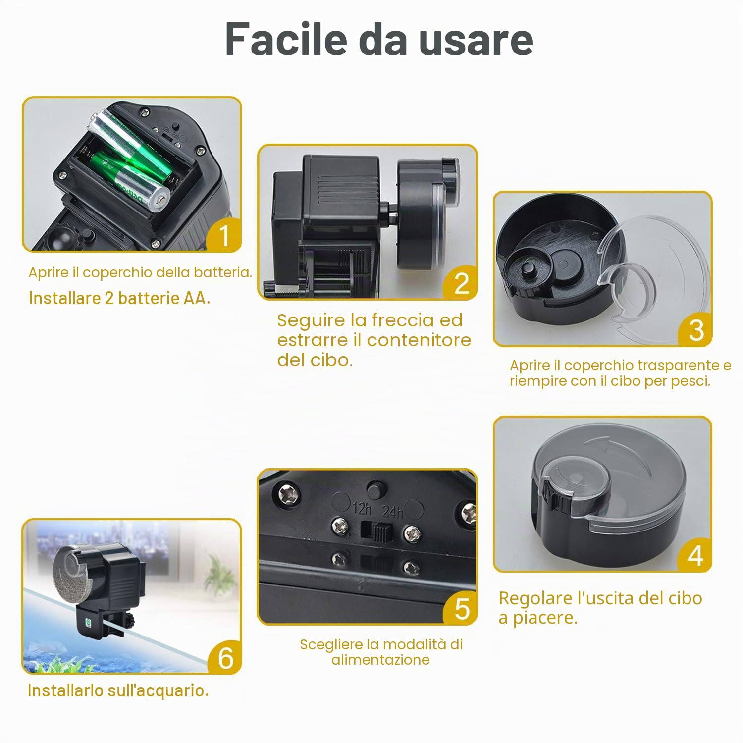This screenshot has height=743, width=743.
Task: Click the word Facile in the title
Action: (286, 39)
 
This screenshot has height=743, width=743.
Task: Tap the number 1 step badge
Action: (224, 235)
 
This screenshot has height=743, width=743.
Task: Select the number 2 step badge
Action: (462, 283)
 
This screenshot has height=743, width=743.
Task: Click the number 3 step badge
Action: (696, 330)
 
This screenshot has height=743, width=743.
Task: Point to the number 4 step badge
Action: (695, 555)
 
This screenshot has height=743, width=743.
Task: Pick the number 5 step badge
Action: (462, 609)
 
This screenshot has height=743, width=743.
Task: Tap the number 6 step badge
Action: (225, 658)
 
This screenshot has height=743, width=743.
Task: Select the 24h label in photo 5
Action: (392, 511)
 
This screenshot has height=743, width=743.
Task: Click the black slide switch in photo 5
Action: (380, 533)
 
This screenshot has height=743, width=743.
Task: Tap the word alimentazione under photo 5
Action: (380, 660)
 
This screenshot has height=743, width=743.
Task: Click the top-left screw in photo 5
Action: (289, 493)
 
